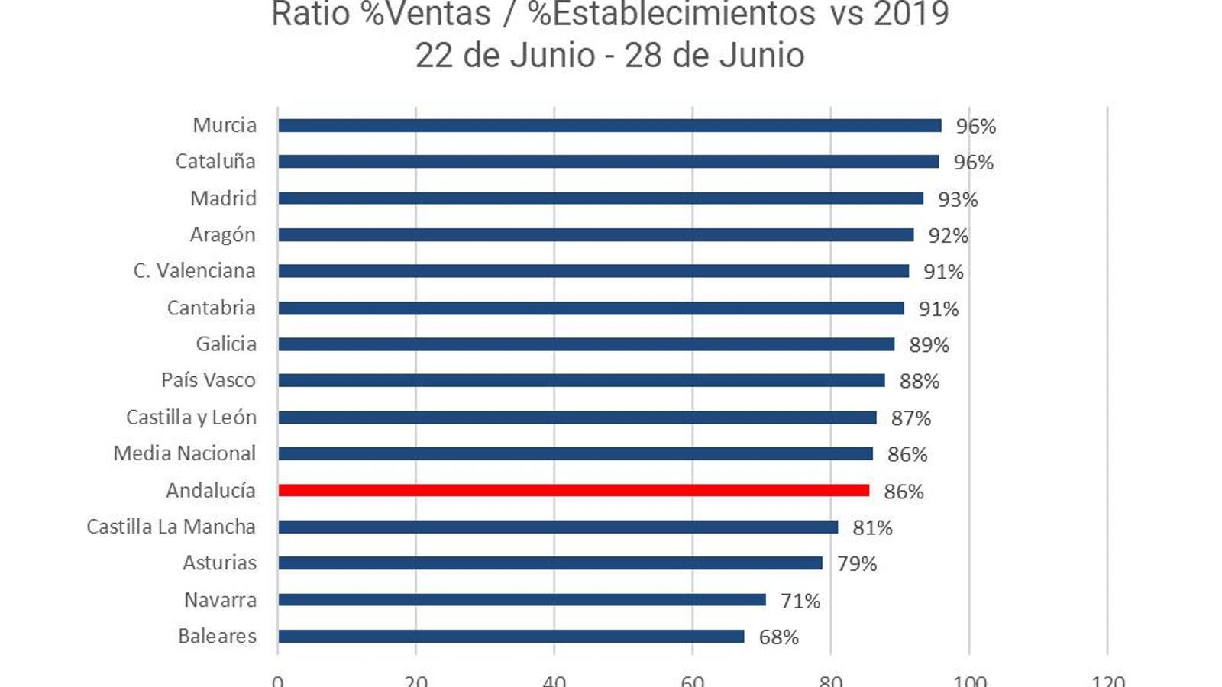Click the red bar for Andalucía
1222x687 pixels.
(x=573, y=490)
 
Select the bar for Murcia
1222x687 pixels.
(x=609, y=125)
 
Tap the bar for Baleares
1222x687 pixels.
(x=511, y=637)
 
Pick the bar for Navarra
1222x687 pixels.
(x=522, y=600)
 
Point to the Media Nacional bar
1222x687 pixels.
(x=575, y=454)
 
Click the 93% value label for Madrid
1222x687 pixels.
(x=958, y=199)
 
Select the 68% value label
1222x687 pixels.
(x=778, y=637)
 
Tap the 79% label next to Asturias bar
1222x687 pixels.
(x=857, y=563)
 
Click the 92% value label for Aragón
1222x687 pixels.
(x=948, y=235)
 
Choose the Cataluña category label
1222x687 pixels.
(x=215, y=161)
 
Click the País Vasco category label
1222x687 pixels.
(x=209, y=380)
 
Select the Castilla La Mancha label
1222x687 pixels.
(x=171, y=527)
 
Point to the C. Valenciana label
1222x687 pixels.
(x=194, y=271)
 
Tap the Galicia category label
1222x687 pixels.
(x=226, y=343)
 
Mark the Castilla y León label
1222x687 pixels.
(x=191, y=417)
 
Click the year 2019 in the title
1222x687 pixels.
(x=910, y=14)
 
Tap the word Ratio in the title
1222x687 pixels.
(x=310, y=14)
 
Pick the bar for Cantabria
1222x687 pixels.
(x=591, y=308)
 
